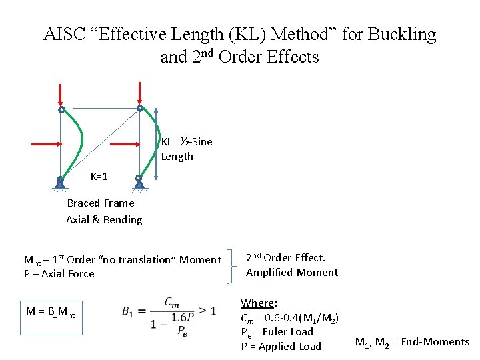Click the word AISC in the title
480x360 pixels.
click(66, 35)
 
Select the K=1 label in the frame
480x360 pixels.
click(99, 177)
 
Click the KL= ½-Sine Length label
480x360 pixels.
click(186, 149)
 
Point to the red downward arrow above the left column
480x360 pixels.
click(61, 94)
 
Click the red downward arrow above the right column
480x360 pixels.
click(139, 93)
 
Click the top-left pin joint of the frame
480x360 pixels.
click(61, 109)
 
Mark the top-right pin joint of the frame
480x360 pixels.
click(139, 109)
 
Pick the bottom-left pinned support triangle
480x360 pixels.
click(60, 182)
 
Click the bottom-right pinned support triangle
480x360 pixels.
click(139, 182)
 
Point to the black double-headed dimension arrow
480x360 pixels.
click(156, 144)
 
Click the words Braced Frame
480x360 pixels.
click(101, 203)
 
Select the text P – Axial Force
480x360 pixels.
click(59, 274)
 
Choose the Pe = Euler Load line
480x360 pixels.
click(277, 332)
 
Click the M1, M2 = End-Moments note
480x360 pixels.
click(412, 343)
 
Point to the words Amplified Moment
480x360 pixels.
click(291, 272)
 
